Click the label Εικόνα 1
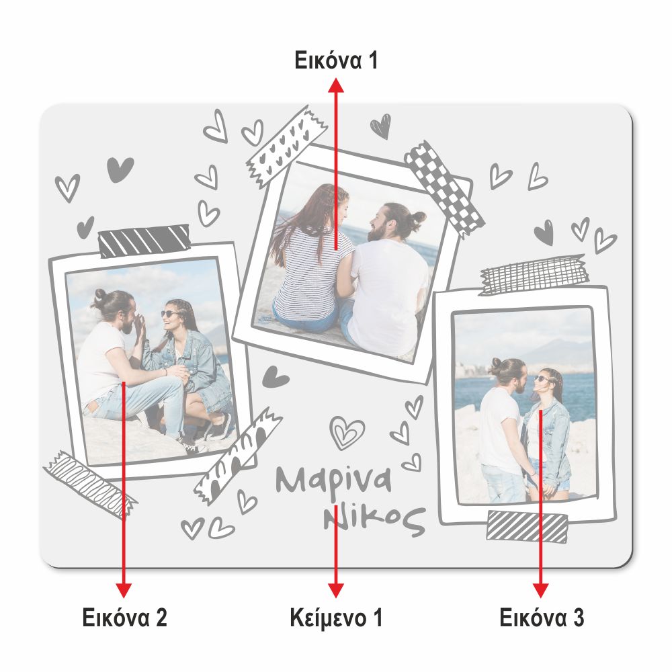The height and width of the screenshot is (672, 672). point(336,60)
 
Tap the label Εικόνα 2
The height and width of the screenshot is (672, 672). point(124,618)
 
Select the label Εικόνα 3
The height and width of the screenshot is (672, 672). point(542,618)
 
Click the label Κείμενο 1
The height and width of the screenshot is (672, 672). point(336,618)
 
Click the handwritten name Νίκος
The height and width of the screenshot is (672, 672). point(374,520)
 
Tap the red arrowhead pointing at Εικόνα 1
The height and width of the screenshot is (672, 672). point(336,85)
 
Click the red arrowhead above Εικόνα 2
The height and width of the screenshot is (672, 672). point(124,590)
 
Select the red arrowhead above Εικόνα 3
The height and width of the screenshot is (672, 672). point(541,590)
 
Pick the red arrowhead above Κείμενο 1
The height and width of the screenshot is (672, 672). point(336,590)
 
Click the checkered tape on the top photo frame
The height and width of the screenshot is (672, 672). point(444,188)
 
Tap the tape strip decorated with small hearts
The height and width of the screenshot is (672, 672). point(286,146)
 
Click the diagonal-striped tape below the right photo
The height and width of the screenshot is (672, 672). point(527,527)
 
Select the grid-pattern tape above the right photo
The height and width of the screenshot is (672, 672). point(534,274)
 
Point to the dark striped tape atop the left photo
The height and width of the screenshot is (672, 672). point(144,241)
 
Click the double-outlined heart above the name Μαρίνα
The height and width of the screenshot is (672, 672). point(347,432)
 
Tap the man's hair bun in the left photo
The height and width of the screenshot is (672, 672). point(100,295)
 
